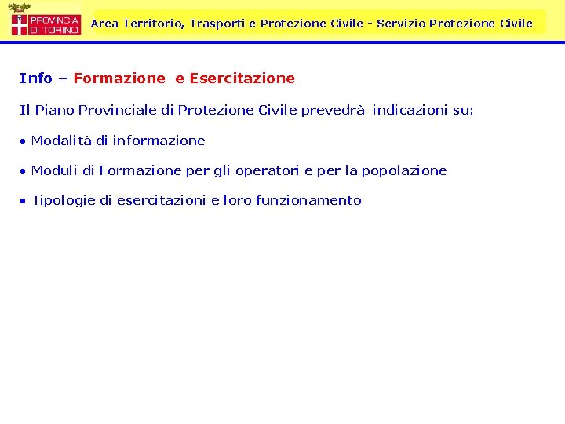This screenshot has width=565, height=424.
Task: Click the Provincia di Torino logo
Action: (45, 20)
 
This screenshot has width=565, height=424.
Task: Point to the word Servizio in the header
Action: (400, 24)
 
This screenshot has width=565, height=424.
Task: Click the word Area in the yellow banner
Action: (104, 24)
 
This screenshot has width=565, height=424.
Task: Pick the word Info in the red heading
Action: (36, 79)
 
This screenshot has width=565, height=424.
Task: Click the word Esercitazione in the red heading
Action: (242, 79)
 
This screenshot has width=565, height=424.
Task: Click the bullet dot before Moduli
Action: (24, 171)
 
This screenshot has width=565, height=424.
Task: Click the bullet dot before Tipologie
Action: (24, 201)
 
